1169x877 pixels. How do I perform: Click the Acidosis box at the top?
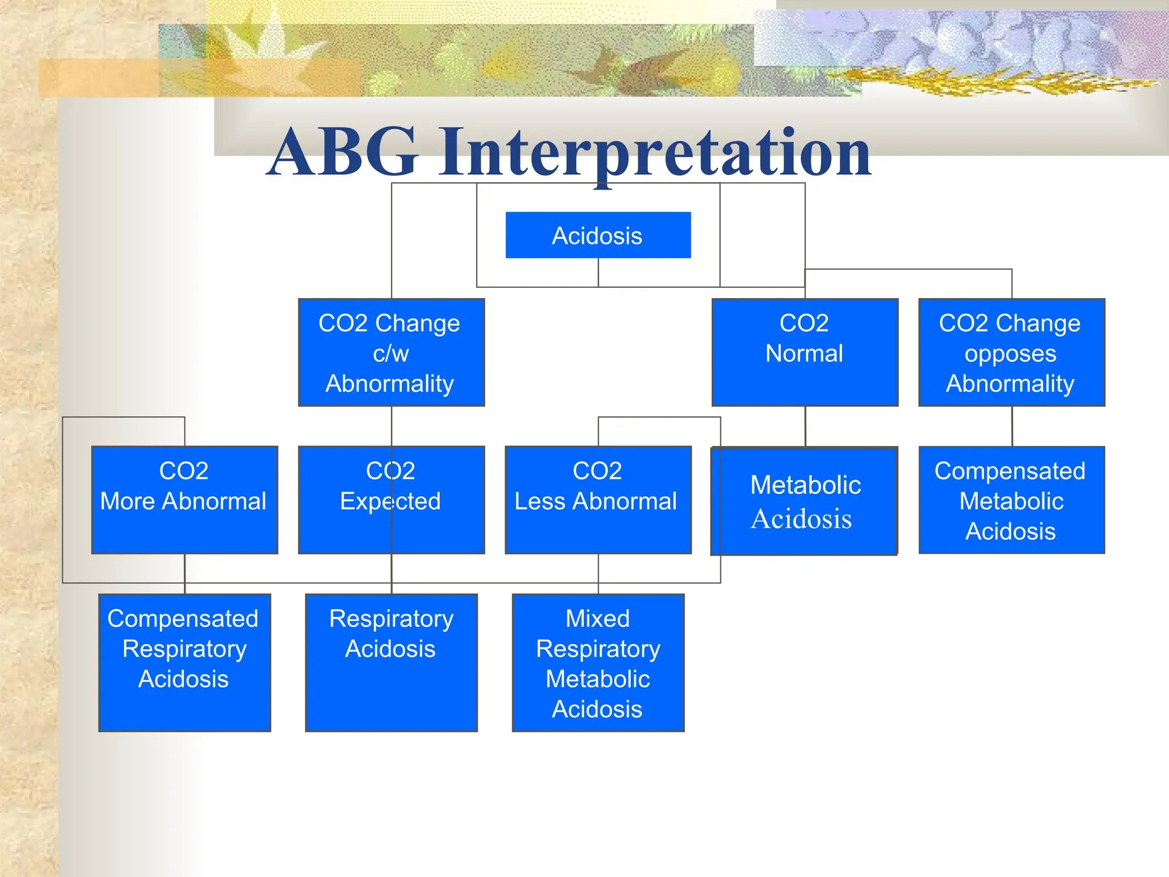coord(598,235)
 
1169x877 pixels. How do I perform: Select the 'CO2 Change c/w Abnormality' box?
coord(391,352)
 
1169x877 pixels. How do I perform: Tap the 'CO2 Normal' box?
coord(805,352)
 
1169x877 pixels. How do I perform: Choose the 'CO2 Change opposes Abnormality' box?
coord(1011,352)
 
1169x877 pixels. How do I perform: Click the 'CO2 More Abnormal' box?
coord(184,500)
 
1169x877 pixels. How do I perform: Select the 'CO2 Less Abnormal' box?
coord(598,500)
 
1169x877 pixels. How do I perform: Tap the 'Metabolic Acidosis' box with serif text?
coord(804,501)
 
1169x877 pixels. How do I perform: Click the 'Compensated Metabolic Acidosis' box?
coord(1011,500)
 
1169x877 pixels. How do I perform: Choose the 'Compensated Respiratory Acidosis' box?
coord(184,662)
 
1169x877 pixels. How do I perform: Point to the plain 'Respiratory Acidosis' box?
coord(391,662)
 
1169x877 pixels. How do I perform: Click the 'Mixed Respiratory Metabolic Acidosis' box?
coord(598,662)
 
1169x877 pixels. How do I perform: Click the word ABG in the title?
coord(343,152)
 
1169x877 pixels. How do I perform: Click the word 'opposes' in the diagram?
coord(1010,354)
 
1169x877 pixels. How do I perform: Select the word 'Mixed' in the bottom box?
coord(598,619)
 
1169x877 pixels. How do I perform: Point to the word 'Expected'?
coord(390,501)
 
